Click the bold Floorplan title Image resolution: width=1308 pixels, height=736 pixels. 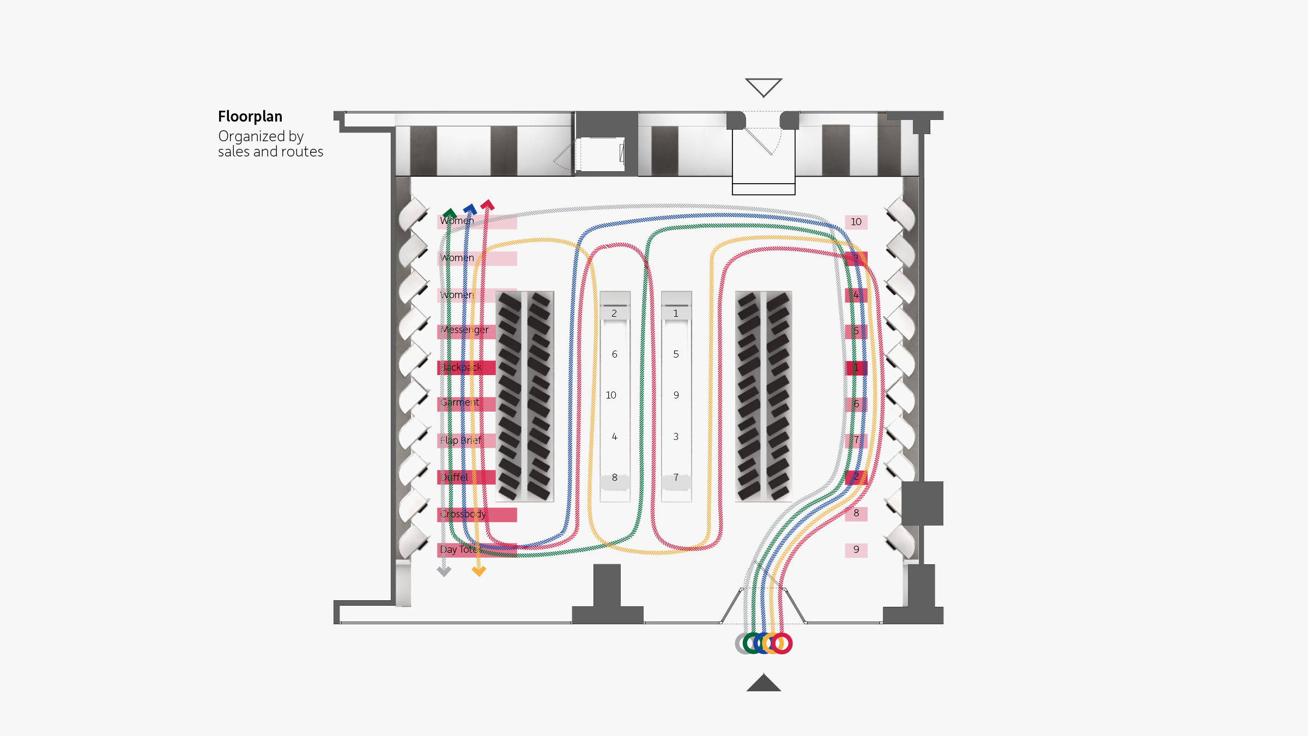pos(250,117)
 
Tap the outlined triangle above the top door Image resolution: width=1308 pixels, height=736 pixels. pos(764,86)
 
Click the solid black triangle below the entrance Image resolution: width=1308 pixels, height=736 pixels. pos(764,684)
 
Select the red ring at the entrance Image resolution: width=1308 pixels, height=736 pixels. pos(782,643)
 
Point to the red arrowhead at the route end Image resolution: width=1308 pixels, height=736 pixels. pos(487,206)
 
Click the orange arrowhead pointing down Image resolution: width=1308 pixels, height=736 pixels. pos(479,571)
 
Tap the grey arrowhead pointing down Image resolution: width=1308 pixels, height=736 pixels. pos(444,571)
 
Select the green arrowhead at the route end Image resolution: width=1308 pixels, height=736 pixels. pos(450,213)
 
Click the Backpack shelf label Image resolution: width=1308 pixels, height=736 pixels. pos(461,367)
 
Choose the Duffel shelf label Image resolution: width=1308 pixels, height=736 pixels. pos(455,478)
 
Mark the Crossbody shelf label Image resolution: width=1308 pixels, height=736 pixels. pos(463,514)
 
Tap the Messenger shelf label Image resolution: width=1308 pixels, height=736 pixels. pos(464,330)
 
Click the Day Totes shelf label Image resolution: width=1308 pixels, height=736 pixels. pos(460,550)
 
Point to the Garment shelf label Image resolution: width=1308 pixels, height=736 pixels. pos(460,403)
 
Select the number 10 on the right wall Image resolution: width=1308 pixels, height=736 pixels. pos(856,222)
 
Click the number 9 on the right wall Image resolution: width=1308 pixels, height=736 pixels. pos(856,550)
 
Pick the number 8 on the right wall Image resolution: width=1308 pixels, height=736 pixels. pos(856,513)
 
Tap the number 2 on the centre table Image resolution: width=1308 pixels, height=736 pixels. pos(614,313)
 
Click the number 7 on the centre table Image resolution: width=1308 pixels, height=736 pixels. pos(676,478)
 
